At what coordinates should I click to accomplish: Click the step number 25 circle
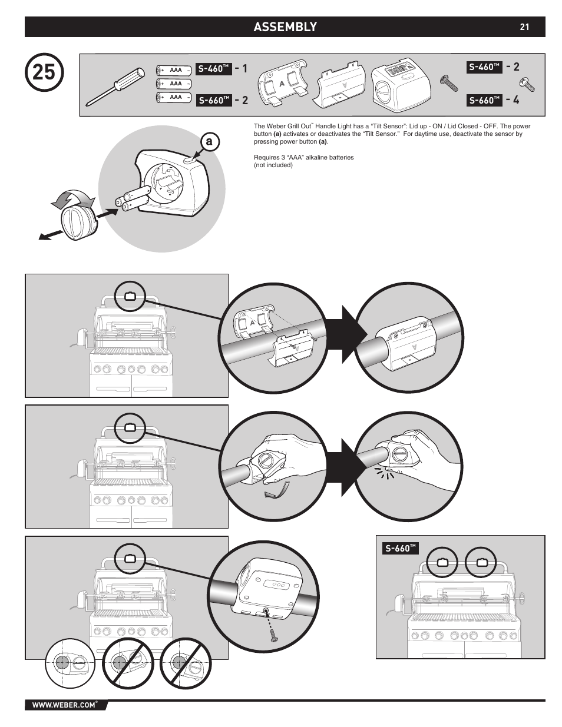pyautogui.click(x=45, y=72)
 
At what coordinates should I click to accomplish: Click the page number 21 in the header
pyautogui.click(x=524, y=27)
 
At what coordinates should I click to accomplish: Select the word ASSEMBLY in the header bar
pyautogui.click(x=285, y=27)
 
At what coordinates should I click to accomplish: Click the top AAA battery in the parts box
pyautogui.click(x=174, y=69)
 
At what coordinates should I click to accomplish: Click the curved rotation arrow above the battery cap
pyautogui.click(x=72, y=198)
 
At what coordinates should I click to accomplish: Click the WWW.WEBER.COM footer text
pyautogui.click(x=64, y=705)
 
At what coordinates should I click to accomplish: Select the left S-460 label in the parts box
pyautogui.click(x=213, y=69)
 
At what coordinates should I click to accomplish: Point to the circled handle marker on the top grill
pyautogui.click(x=130, y=296)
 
